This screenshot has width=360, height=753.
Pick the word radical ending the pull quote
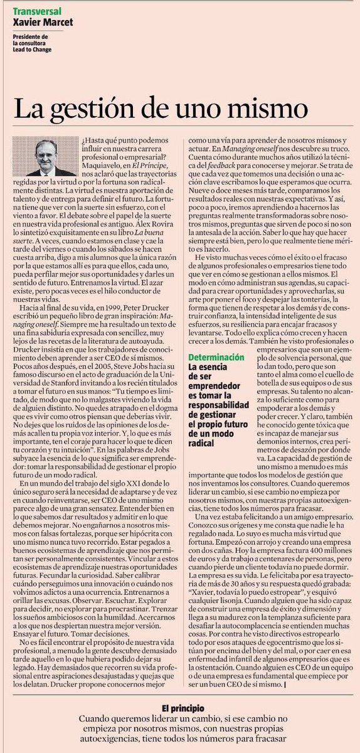click(203, 443)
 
